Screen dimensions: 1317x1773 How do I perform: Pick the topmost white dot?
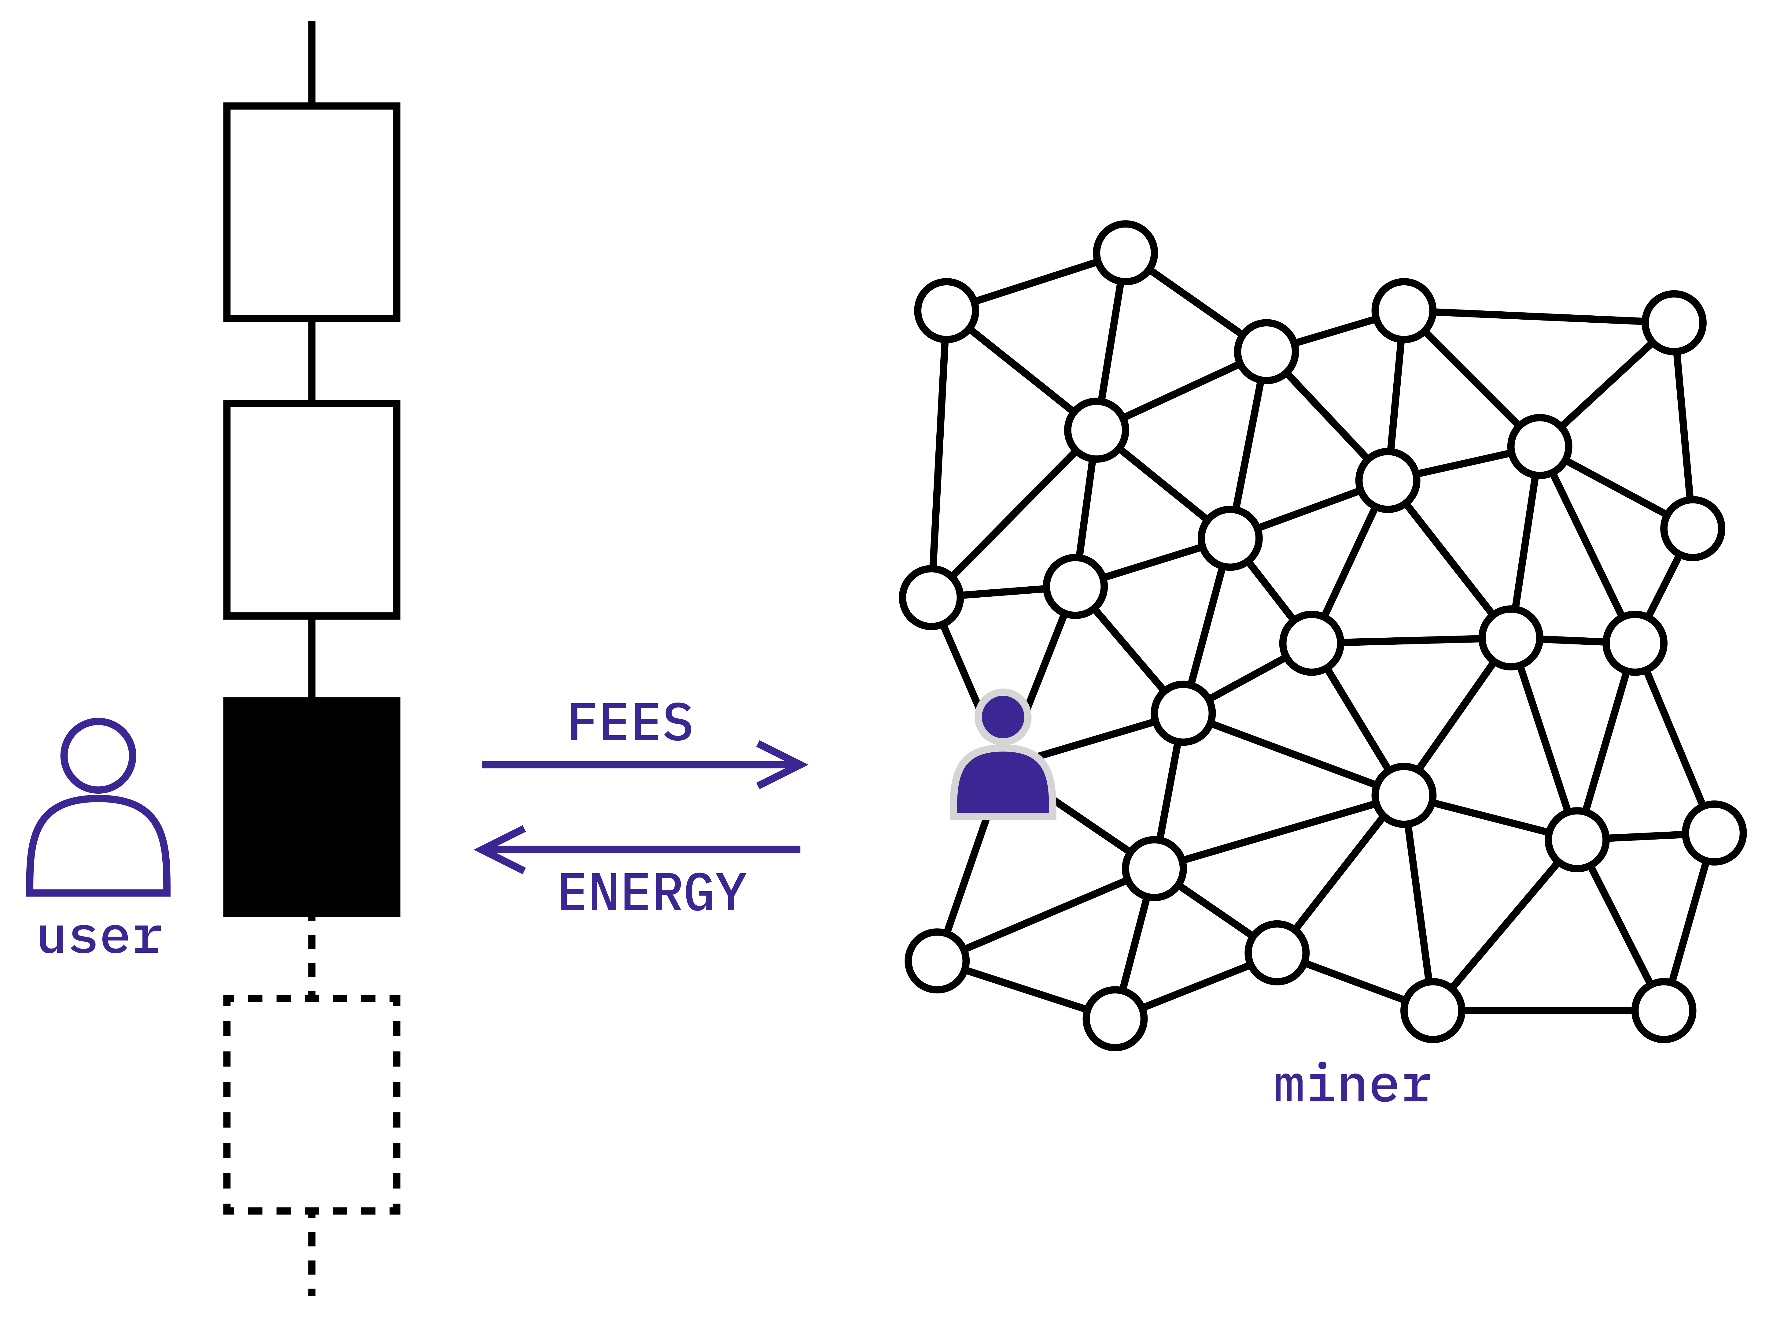(x=1125, y=253)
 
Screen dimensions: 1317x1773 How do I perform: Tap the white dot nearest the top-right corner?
(x=1674, y=323)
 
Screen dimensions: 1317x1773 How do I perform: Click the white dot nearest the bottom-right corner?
(x=1664, y=1011)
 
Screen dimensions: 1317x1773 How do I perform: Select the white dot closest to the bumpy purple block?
(x=1433, y=1011)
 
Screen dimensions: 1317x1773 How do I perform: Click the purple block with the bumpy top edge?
(x=1351, y=1156)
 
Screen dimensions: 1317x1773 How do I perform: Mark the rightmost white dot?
(x=1714, y=833)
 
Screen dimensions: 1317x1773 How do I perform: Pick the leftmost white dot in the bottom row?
(x=937, y=961)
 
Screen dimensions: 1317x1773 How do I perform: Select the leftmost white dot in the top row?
(x=947, y=310)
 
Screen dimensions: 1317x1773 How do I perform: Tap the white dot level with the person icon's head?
(x=1183, y=713)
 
